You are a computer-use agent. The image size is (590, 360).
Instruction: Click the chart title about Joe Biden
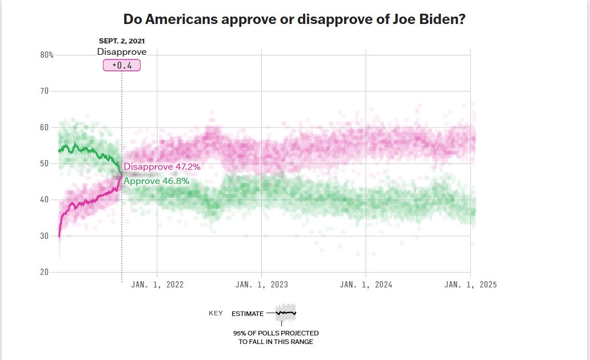294,19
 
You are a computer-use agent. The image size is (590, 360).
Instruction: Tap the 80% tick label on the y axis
46,55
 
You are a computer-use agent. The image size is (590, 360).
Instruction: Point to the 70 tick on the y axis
45,91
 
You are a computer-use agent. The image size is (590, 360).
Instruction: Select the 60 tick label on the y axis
45,127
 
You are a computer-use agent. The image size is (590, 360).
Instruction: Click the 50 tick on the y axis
45,163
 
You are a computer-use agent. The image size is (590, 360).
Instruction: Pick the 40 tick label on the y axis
45,199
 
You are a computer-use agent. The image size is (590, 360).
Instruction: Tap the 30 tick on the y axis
45,236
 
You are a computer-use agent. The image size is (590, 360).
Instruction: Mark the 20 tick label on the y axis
45,272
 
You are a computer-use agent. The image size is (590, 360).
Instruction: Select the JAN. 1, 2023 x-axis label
261,285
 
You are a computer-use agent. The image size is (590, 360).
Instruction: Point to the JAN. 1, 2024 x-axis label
366,285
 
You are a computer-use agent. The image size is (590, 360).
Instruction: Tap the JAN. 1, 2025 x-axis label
470,285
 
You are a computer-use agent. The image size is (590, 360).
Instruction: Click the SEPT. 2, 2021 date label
121,41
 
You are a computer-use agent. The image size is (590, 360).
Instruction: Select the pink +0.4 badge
121,65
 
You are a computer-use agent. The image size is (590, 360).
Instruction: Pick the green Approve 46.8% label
156,181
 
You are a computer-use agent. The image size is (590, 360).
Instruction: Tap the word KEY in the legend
216,314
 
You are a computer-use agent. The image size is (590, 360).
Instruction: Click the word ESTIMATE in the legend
248,314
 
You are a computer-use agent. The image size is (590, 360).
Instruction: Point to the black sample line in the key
285,313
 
